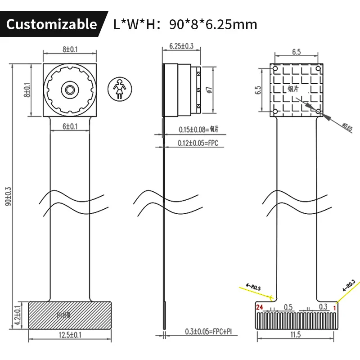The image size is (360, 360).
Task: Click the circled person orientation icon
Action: (120, 89)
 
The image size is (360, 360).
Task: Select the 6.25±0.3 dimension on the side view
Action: (181, 46)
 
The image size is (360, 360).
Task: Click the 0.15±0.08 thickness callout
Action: (192, 130)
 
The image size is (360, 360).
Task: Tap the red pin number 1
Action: (334, 307)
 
